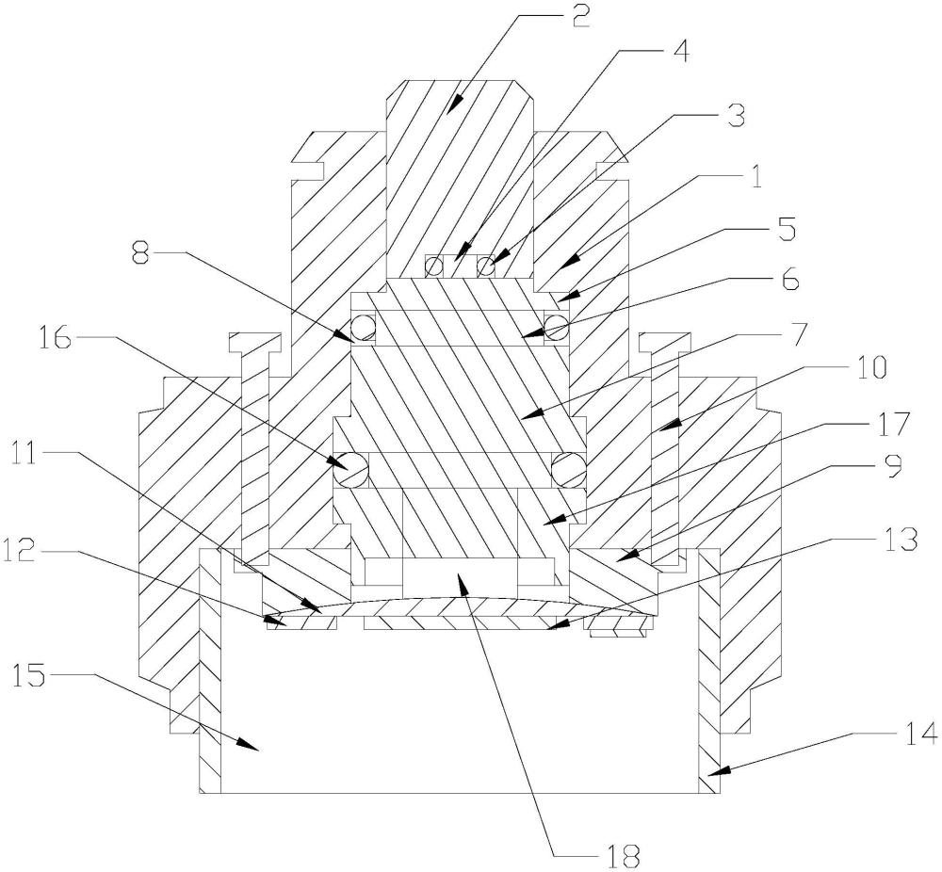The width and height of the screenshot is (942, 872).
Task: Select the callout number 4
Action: [679, 51]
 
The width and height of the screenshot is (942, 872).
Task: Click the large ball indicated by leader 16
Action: [351, 465]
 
